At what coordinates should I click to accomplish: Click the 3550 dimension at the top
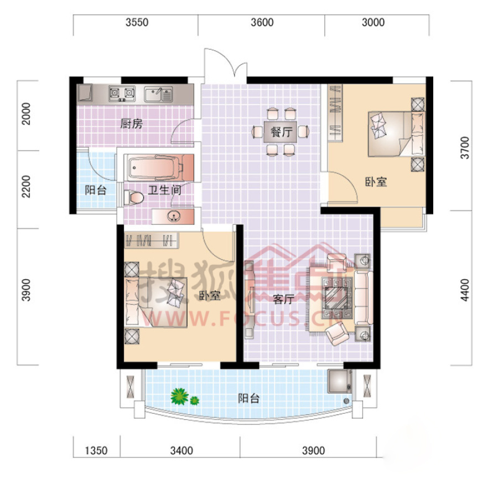tap(137, 23)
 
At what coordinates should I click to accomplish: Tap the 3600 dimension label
tap(262, 23)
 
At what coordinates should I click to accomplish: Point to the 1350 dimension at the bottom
tap(96, 451)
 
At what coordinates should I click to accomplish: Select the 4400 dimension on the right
tap(464, 290)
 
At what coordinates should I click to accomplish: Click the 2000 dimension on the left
tap(26, 114)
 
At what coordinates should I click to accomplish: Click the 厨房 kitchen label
tap(131, 123)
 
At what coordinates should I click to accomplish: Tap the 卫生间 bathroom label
tap(164, 190)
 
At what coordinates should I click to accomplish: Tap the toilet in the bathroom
tap(133, 197)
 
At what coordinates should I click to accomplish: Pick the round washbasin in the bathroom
tap(174, 216)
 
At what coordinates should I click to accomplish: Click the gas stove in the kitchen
tap(122, 94)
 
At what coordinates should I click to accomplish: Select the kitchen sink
tap(158, 94)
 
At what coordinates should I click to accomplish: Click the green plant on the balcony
tap(180, 397)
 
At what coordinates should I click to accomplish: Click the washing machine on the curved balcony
tap(340, 382)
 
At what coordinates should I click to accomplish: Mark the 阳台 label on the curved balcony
tap(249, 398)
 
